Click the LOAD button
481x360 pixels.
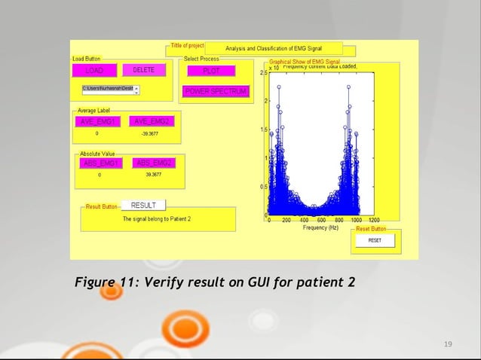click(95, 70)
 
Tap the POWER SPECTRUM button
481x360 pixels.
click(215, 92)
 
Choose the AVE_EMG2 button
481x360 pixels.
click(152, 122)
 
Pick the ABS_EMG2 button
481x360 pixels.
click(154, 163)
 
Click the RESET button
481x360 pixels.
click(375, 240)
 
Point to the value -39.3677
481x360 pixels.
click(149, 133)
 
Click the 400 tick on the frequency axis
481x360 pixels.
click(305, 220)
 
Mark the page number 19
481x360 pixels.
click(448, 344)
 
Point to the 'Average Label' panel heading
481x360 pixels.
click(94, 111)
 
